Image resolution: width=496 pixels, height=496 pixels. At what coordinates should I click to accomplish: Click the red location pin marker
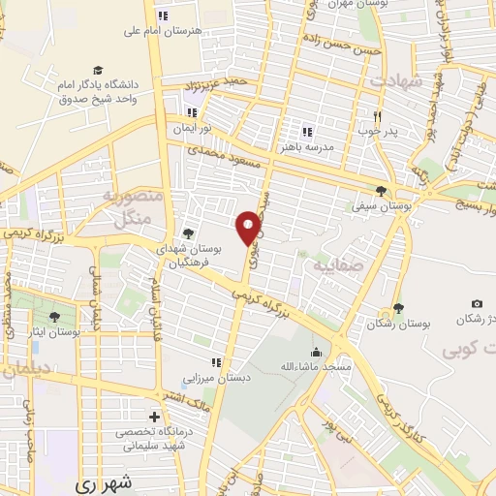(x=249, y=227)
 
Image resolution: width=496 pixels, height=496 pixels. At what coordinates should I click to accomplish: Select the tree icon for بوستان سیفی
(x=381, y=191)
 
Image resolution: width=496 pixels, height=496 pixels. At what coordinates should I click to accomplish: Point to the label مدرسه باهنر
(x=306, y=146)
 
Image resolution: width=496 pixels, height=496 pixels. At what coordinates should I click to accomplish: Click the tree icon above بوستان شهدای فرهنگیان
(x=188, y=232)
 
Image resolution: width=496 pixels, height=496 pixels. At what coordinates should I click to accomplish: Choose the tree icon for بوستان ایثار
(x=52, y=316)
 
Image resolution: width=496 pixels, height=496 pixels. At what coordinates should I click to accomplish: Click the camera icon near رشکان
(x=476, y=304)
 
